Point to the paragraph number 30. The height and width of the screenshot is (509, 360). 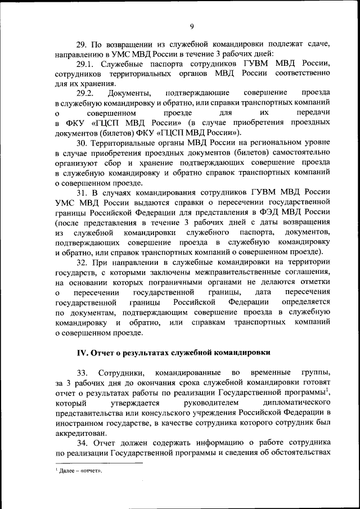coord(82,144)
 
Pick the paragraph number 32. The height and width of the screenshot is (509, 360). coord(82,263)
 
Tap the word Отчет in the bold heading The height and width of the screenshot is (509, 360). coord(103,353)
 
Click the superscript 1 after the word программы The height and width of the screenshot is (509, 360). coord(327,389)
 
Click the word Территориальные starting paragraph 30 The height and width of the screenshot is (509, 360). coord(125,144)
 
